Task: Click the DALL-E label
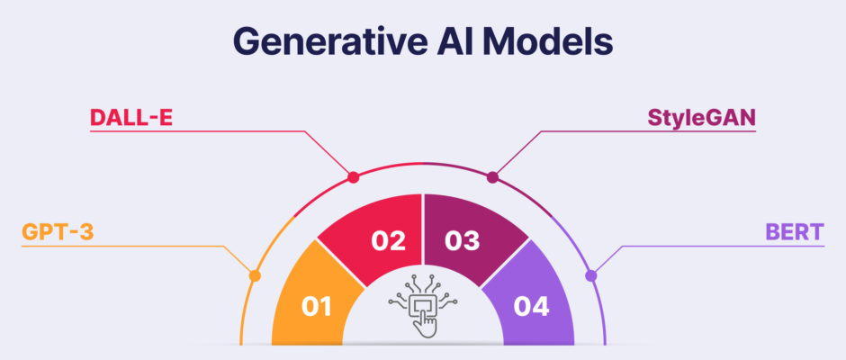131,117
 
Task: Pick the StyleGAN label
701,118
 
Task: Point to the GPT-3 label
58,232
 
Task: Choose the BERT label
795,232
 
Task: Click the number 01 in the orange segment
316,307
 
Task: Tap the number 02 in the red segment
388,240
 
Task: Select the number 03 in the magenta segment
463,240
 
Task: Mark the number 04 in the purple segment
531,307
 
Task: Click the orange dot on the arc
256,275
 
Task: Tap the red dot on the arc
354,177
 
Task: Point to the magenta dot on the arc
492,177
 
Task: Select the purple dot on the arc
590,275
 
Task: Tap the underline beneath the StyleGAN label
648,131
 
